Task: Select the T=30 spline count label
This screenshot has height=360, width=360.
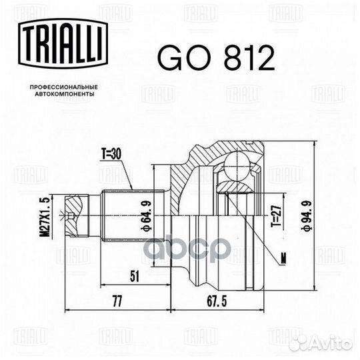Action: pyautogui.click(x=113, y=154)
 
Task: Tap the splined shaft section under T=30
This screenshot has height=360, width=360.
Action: pyautogui.click(x=117, y=215)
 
